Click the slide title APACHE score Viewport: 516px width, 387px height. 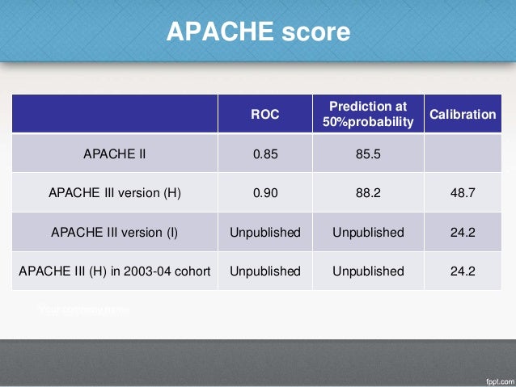tap(258, 32)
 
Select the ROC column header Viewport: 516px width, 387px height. tap(264, 115)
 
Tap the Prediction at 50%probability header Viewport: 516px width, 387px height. tap(368, 115)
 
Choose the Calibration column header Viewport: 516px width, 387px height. tap(463, 115)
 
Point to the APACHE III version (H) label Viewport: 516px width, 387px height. tap(115, 193)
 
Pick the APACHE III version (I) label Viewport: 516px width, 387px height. tap(115, 232)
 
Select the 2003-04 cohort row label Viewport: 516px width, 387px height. tap(115, 271)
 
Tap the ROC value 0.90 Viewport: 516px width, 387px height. tap(264, 193)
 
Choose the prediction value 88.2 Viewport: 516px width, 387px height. tap(368, 193)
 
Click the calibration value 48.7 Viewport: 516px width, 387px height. tap(463, 193)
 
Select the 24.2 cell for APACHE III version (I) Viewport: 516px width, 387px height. tap(463, 232)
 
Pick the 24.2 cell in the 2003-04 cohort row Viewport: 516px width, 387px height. tap(463, 271)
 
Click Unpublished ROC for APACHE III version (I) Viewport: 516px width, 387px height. tap(264, 232)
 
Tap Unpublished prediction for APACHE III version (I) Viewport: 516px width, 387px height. tap(368, 232)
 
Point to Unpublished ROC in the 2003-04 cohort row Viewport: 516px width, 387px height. tap(264, 271)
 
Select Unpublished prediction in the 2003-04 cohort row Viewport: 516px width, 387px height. tap(368, 271)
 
